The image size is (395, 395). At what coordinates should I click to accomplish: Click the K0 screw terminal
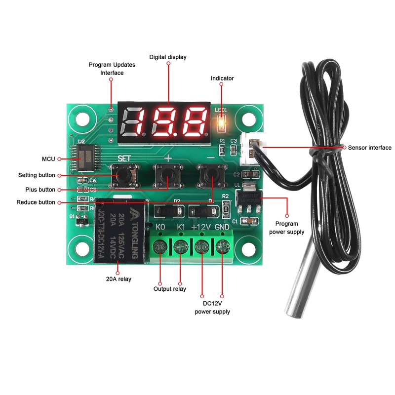click(160, 245)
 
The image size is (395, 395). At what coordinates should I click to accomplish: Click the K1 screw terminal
click(181, 245)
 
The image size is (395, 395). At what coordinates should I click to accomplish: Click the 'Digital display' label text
click(168, 57)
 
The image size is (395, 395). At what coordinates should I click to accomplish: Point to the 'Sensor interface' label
click(369, 148)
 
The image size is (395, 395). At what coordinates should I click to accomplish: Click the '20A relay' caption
click(118, 278)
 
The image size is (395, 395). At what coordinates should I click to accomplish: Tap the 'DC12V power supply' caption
click(212, 308)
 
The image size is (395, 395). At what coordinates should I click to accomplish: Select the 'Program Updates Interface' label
click(112, 69)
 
